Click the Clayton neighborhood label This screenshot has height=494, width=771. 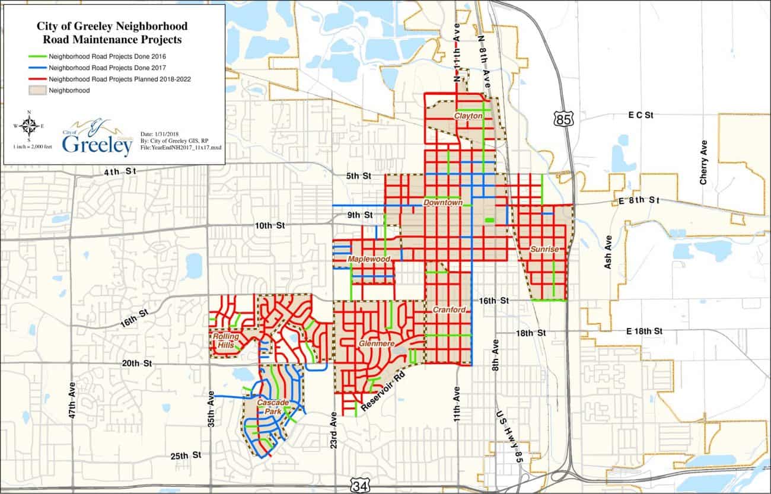[468, 116]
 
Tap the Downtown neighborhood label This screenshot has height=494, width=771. [442, 203]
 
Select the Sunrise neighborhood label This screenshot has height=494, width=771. [544, 250]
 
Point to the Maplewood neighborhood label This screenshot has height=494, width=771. [369, 260]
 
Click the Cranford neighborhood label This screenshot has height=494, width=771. [449, 310]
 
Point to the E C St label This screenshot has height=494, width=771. [641, 115]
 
